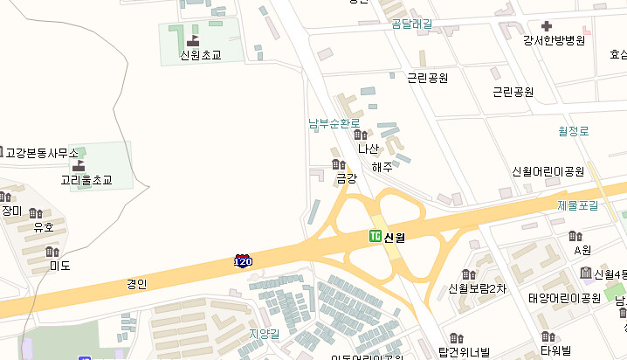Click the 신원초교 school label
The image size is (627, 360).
[200, 55]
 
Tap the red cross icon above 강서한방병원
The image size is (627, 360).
[547, 27]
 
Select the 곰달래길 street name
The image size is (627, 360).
[412, 24]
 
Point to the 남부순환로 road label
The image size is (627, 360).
[334, 124]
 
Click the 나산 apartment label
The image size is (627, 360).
[369, 149]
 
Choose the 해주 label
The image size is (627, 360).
[382, 167]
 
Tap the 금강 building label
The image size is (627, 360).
[347, 178]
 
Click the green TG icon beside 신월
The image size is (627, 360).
[375, 236]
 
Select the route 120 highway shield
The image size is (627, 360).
[243, 261]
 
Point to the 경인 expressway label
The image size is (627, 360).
[136, 283]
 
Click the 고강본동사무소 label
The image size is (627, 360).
[42, 153]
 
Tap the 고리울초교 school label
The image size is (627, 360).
[86, 181]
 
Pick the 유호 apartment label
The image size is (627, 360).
[44, 227]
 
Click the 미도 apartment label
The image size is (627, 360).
[59, 266]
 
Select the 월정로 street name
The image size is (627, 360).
[574, 131]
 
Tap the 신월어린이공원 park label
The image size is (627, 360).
[548, 170]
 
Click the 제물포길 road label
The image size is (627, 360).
[578, 205]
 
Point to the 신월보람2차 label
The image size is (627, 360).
[477, 288]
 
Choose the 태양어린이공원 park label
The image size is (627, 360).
[564, 298]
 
